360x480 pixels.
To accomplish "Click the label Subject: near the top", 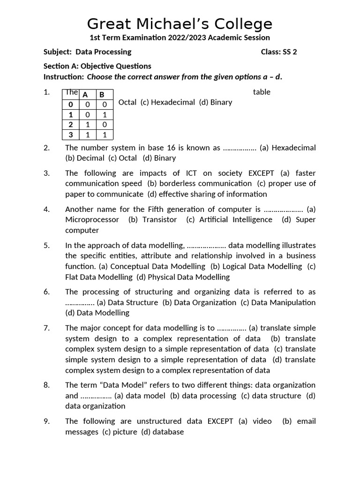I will pyautogui.click(x=58, y=52).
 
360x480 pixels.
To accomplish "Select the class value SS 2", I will pyautogui.click(x=289, y=52).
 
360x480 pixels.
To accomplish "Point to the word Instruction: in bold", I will pyautogui.click(x=64, y=77).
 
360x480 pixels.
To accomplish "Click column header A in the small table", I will pyautogui.click(x=85, y=94).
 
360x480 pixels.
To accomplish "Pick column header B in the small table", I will pyautogui.click(x=102, y=94).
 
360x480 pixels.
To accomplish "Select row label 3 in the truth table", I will pyautogui.click(x=71, y=135).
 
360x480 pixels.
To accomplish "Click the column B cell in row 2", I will pyautogui.click(x=105, y=125).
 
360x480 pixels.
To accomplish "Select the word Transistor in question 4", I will pyautogui.click(x=159, y=219).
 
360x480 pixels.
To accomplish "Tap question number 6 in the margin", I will pyautogui.click(x=46, y=292).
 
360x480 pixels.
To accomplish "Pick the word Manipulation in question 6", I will pyautogui.click(x=293, y=302).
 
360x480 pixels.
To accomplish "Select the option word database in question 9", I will pyautogui.click(x=168, y=432).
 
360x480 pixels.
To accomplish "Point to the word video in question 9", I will pyautogui.click(x=262, y=421).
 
